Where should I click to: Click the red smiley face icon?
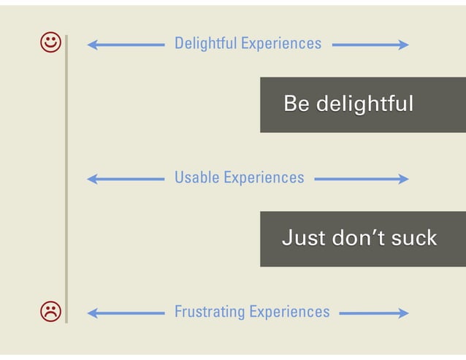point(51,43)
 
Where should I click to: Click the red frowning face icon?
point(51,312)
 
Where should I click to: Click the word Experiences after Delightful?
point(281,44)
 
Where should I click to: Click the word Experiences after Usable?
point(264,177)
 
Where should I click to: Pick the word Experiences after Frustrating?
point(289,313)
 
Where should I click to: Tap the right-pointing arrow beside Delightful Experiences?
point(370,45)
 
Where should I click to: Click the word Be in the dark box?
point(296,104)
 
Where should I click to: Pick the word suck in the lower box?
point(413,238)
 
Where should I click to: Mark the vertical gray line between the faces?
point(66,177)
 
